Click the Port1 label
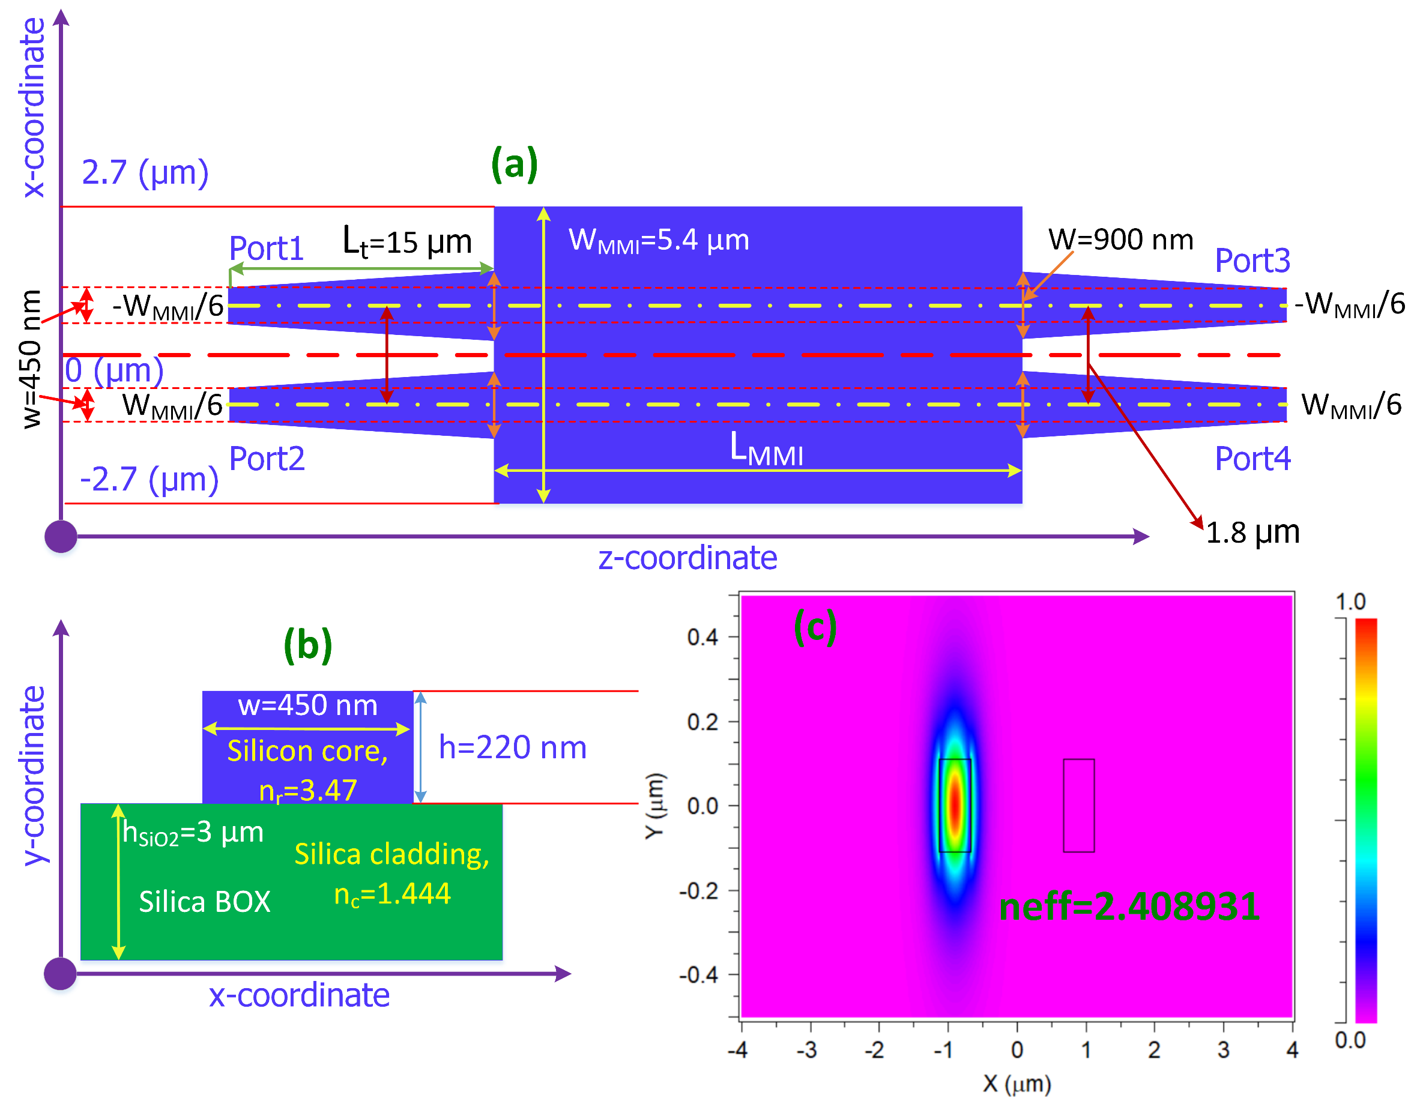[x=267, y=249]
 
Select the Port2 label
[x=267, y=459]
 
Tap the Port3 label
[x=1252, y=261]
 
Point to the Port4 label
[x=1252, y=459]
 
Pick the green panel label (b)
[x=307, y=645]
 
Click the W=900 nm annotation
[x=1120, y=239]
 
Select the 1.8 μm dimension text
[x=1252, y=532]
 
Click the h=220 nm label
[x=512, y=747]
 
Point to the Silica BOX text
[x=205, y=902]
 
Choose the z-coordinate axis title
[x=687, y=558]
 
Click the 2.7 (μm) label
[x=145, y=173]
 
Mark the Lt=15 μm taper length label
[x=406, y=242]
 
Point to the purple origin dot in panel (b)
[x=61, y=974]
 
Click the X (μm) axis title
[x=1017, y=1084]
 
